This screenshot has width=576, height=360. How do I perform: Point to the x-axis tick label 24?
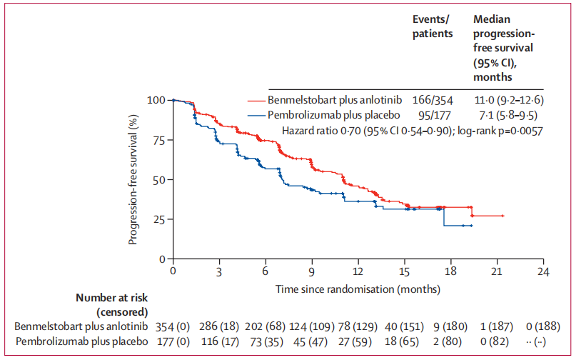[543, 272]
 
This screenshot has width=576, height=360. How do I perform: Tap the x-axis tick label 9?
[312, 272]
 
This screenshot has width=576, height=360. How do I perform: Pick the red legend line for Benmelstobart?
[256, 99]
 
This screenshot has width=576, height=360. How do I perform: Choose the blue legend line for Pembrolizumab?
[256, 114]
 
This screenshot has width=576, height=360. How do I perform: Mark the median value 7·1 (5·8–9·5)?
[504, 114]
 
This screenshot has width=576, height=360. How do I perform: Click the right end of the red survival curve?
[504, 216]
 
